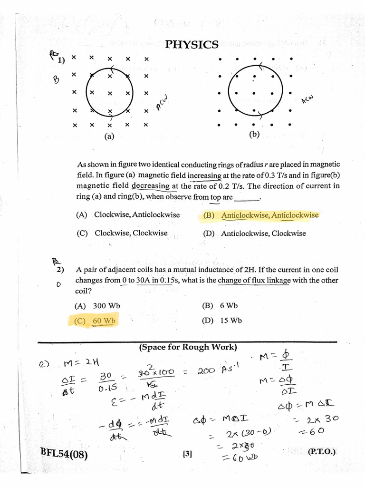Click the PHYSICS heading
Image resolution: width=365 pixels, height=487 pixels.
pos(192,45)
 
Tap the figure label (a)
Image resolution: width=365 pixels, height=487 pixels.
pos(110,136)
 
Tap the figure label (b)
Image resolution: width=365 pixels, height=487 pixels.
pos(254,135)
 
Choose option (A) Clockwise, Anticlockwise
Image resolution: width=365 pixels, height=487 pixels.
pos(128,214)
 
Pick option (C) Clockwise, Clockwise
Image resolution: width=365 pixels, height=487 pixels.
pos(122,233)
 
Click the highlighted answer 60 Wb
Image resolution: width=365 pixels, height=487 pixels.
pos(96,321)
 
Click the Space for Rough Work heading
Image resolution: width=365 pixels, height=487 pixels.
pos(188,347)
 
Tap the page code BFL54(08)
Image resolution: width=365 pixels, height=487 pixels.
pos(64,454)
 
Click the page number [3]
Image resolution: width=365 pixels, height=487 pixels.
pos(187,454)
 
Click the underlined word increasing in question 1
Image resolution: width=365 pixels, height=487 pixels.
pos(204,175)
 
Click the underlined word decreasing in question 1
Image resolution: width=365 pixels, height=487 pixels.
pos(150,186)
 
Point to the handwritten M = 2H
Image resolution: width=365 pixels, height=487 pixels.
pos(80,364)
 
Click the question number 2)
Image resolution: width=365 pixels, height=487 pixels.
pos(60,270)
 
